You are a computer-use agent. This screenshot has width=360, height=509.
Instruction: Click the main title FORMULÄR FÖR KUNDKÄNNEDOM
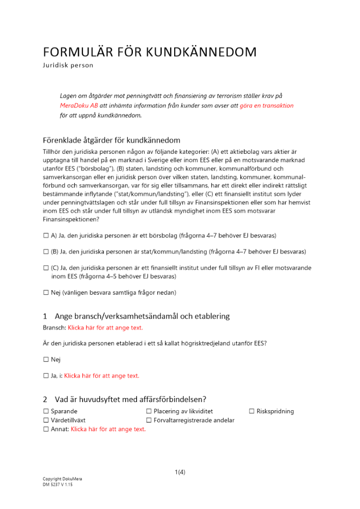click(150, 52)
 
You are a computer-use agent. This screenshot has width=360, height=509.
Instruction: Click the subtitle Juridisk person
click(68, 65)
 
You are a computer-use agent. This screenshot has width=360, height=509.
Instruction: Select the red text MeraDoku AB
click(79, 105)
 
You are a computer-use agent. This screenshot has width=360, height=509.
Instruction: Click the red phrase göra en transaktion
click(266, 105)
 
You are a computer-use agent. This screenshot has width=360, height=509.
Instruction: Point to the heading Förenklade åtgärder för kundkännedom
click(111, 140)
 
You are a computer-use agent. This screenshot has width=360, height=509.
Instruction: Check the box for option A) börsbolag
click(46, 236)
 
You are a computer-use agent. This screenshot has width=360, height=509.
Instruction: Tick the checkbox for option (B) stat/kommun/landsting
click(46, 251)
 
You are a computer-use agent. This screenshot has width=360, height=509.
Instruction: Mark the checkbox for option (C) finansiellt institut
click(46, 268)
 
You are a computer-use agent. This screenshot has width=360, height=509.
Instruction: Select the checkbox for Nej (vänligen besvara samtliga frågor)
click(46, 293)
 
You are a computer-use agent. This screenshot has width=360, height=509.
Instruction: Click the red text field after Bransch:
click(105, 327)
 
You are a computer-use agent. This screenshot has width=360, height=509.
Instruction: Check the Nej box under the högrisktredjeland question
click(46, 359)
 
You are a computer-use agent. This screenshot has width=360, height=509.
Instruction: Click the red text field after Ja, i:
click(101, 376)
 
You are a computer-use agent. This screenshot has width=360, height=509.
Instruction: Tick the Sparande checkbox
click(46, 411)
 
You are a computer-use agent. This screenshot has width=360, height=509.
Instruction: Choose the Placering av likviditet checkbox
click(149, 411)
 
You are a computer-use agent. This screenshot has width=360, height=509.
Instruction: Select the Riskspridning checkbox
click(252, 411)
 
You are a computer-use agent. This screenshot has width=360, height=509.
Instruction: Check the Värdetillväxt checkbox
click(46, 420)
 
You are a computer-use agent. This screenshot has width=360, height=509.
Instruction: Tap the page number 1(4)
click(180, 472)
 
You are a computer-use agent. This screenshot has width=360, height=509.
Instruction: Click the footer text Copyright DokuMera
click(62, 479)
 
